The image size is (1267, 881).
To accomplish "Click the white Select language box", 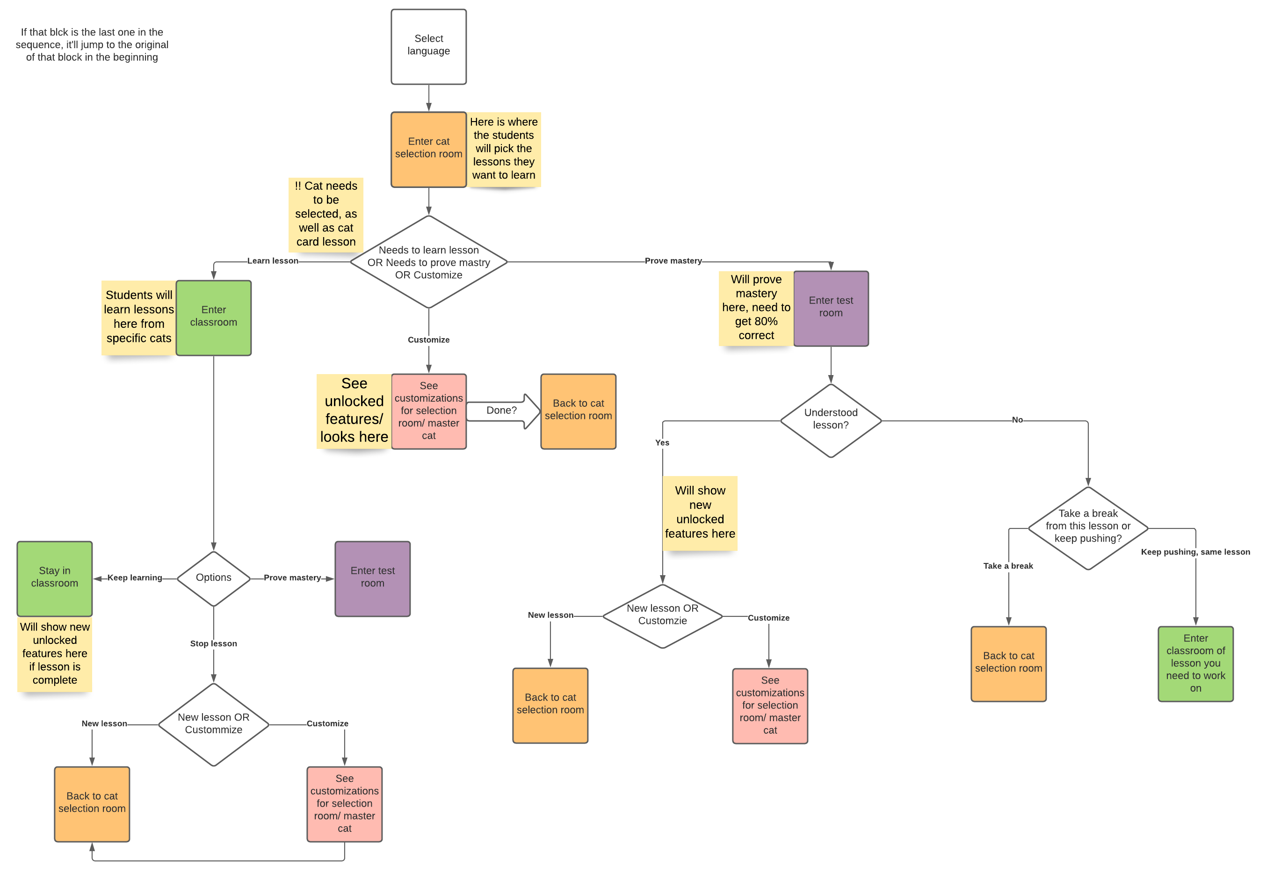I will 428,46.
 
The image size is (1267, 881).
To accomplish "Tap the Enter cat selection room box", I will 428,150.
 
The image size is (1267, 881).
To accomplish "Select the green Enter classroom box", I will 214,318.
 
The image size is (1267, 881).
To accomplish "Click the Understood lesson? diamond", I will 831,420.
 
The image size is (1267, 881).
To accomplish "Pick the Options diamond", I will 214,578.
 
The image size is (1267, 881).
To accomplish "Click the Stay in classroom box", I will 55,578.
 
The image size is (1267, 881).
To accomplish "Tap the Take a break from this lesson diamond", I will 1088,527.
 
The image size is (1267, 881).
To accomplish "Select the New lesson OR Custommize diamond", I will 214,724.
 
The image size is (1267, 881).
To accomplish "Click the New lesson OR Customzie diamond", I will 662,616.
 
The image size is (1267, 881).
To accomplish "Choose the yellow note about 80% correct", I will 756,308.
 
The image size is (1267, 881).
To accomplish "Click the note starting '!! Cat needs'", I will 326,215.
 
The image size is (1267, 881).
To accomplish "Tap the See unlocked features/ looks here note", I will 354,411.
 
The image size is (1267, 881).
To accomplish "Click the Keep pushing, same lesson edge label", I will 1195,552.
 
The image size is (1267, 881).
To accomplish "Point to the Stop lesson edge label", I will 214,644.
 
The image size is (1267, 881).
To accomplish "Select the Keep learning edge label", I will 135,578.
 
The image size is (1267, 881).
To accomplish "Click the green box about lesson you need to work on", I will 1195,663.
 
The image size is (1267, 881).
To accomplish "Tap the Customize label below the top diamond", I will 428,340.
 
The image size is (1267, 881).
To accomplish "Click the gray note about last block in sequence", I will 92,45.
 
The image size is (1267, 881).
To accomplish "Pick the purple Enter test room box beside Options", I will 372,578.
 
